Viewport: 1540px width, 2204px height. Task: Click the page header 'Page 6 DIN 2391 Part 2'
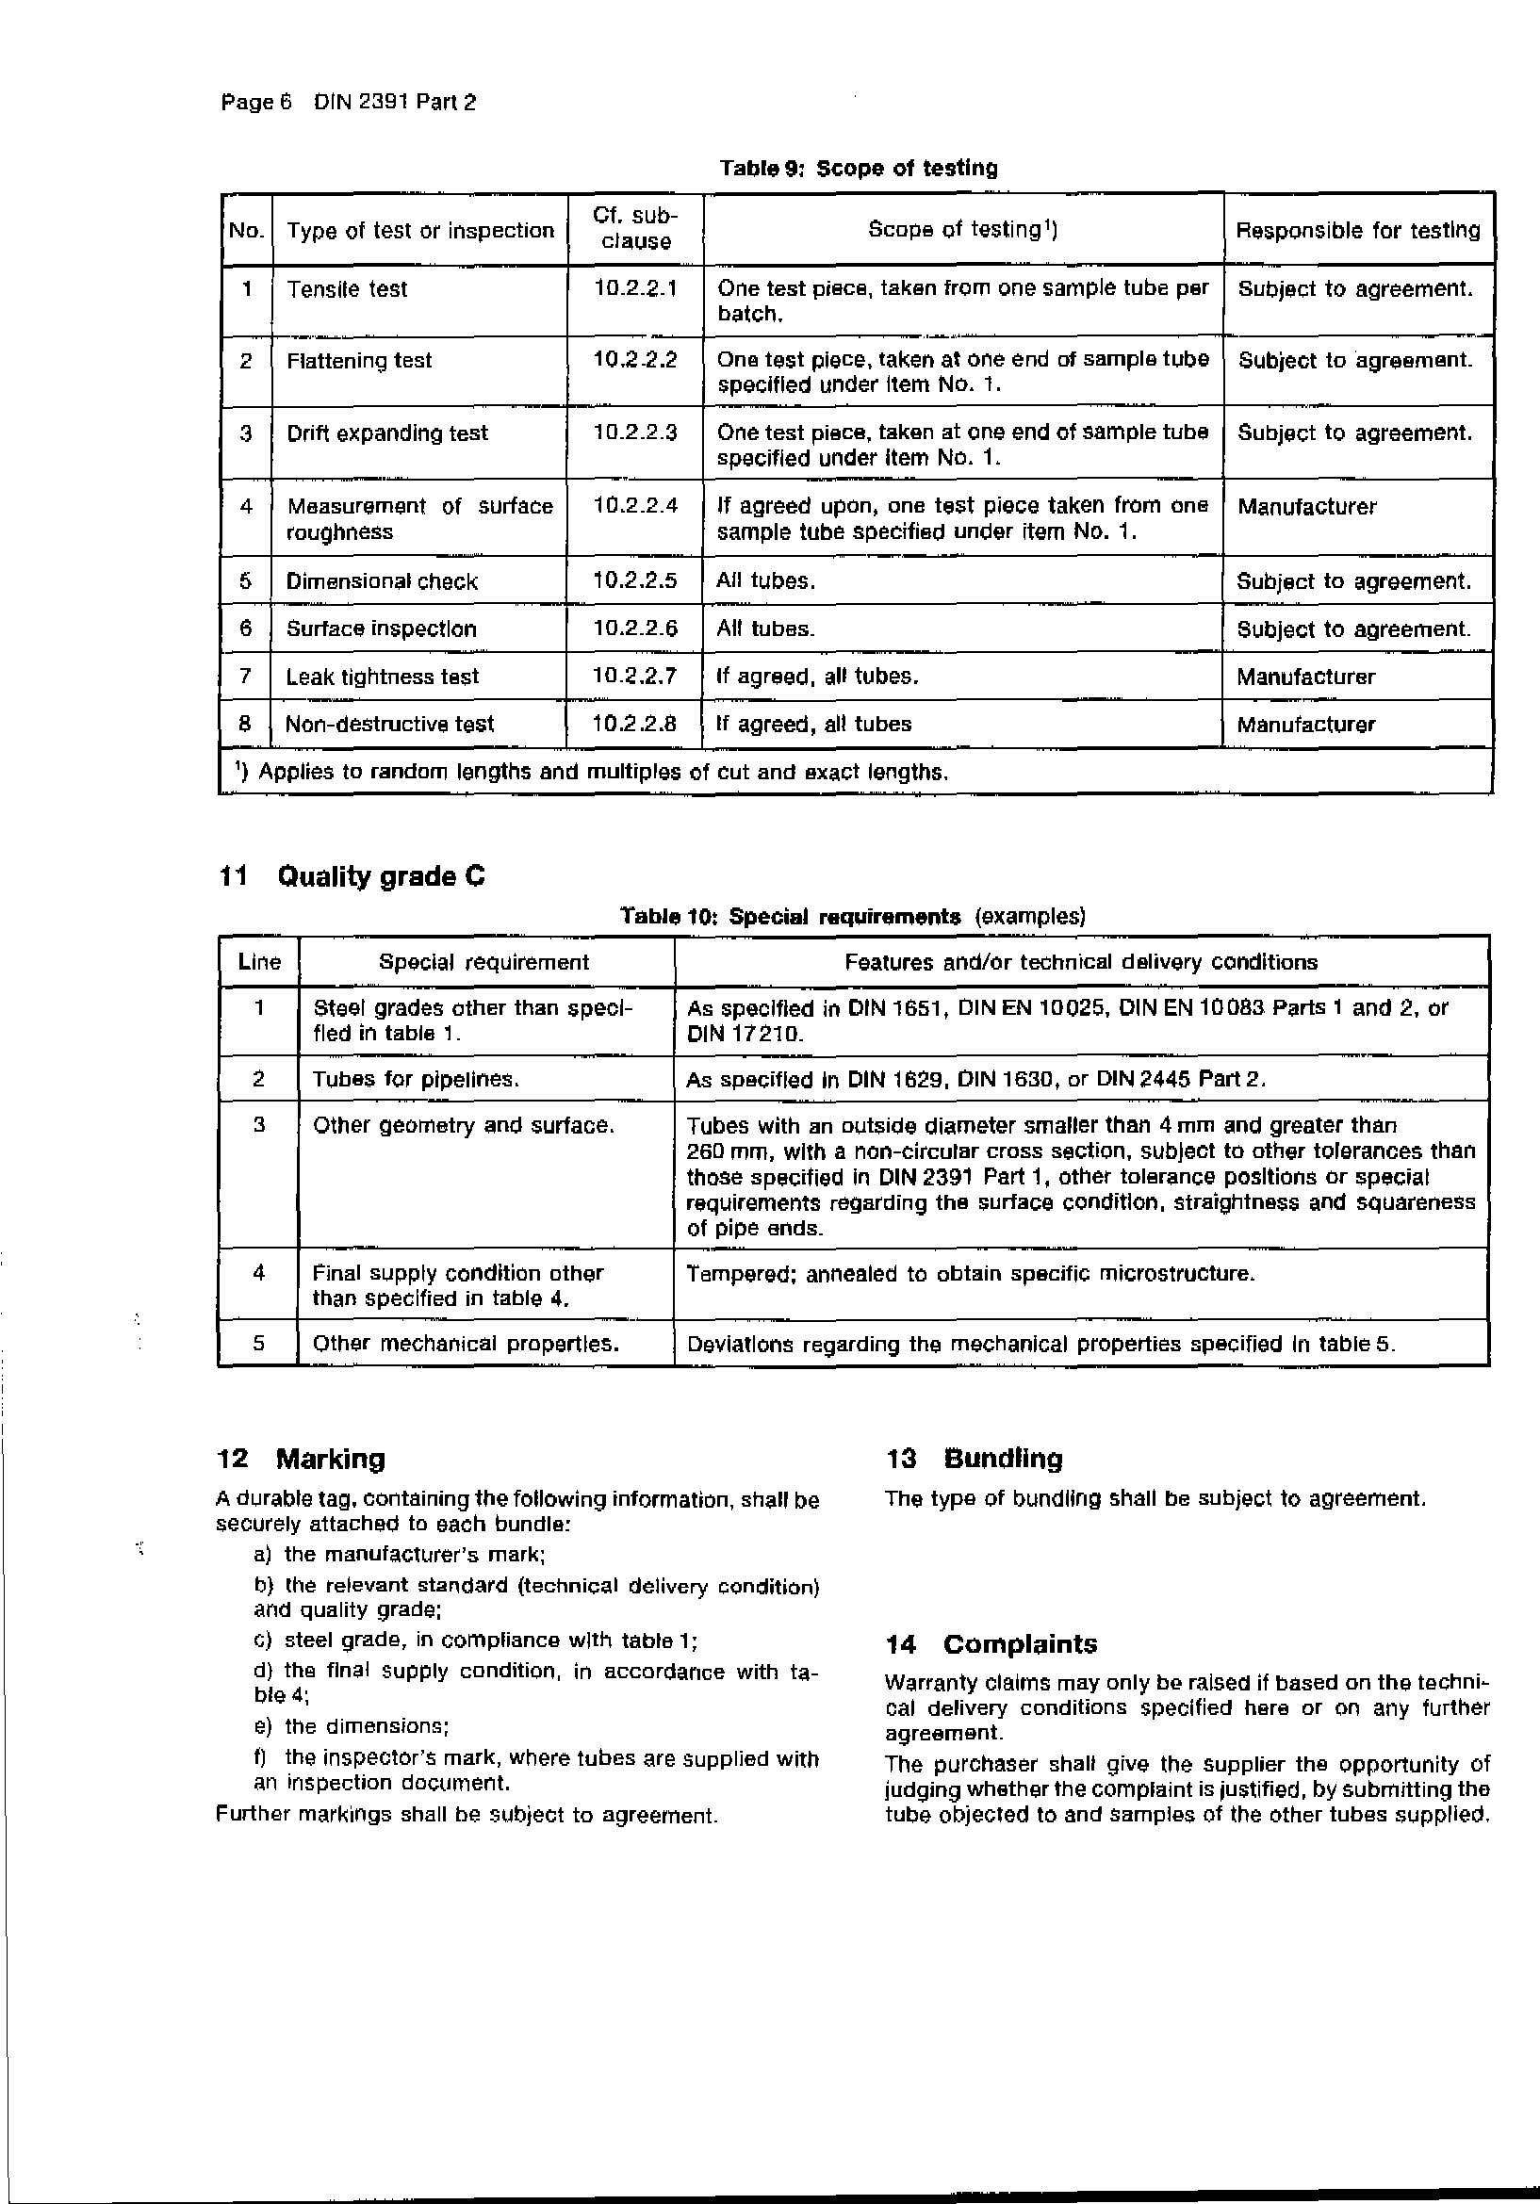(x=348, y=102)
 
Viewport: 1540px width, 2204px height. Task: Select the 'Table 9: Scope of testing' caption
(x=859, y=168)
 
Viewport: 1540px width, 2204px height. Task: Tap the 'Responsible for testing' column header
(x=1357, y=230)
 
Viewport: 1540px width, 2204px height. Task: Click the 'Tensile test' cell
(x=347, y=289)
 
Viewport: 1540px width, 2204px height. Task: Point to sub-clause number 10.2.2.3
(x=634, y=433)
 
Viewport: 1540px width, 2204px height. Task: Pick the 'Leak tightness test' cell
(x=382, y=677)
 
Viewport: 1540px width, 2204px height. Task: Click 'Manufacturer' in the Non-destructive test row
(x=1304, y=725)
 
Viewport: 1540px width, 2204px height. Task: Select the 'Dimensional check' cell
(x=381, y=581)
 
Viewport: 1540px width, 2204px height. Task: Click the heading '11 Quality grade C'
(x=352, y=876)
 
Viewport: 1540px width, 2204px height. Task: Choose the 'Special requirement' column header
(x=483, y=962)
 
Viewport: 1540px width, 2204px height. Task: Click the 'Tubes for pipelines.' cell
(x=416, y=1079)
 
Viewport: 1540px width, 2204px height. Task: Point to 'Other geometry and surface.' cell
(x=463, y=1125)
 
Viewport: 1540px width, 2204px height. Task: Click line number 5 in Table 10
(x=258, y=1343)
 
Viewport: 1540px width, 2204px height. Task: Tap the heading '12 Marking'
(x=302, y=1459)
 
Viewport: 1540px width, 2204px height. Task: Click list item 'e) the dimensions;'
(x=352, y=1726)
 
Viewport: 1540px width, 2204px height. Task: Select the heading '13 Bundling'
(x=975, y=1459)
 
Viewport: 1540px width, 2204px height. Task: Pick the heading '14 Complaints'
(x=991, y=1644)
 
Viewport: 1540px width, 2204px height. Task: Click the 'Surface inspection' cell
(x=381, y=629)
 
